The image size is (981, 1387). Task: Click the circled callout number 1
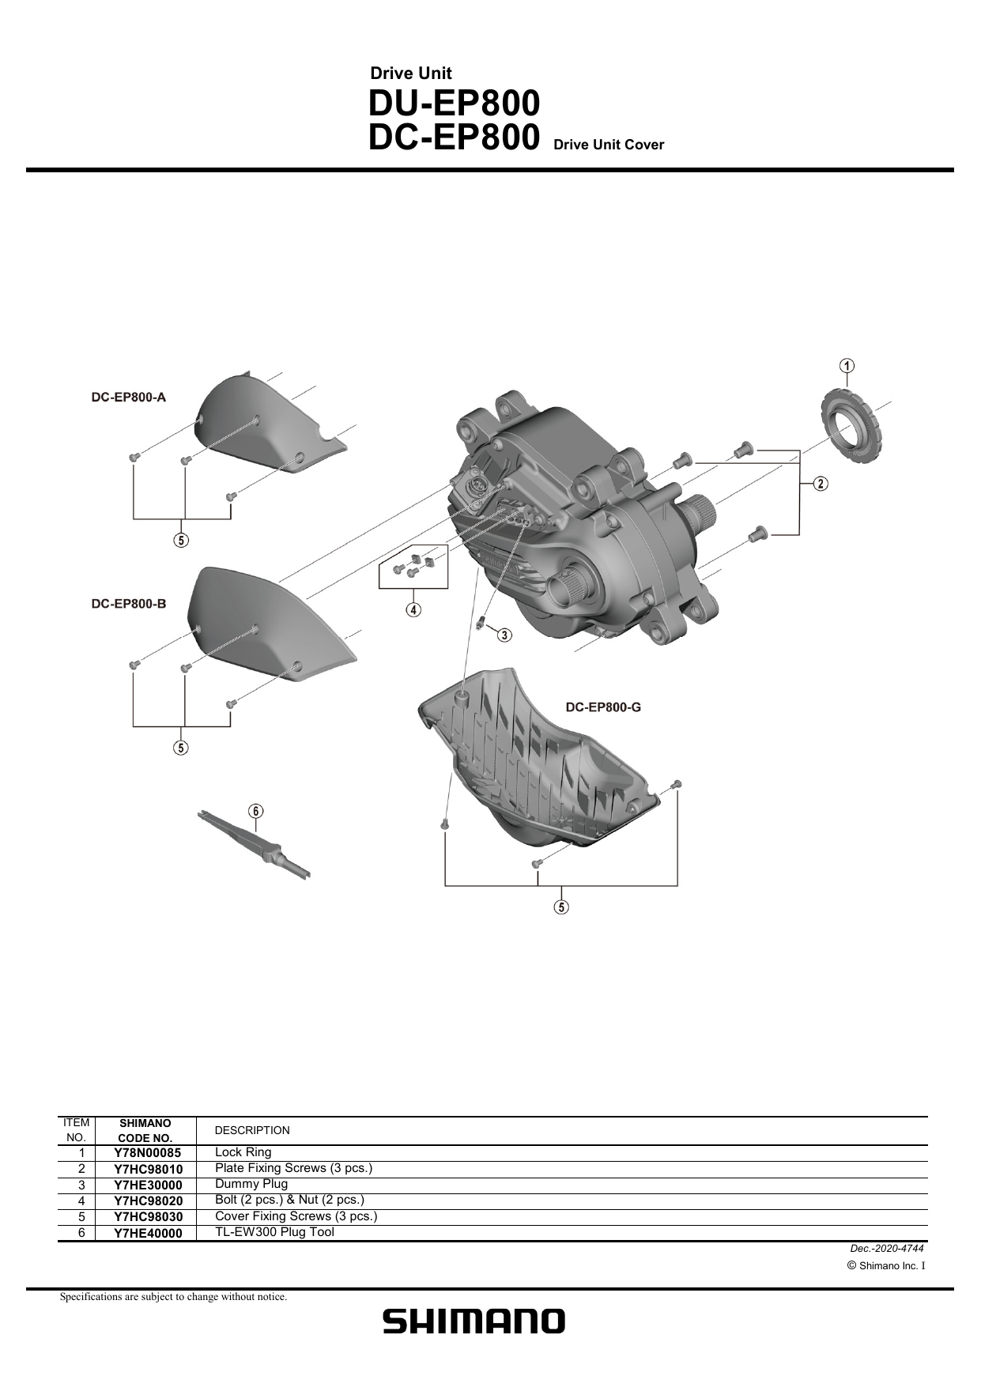(x=847, y=365)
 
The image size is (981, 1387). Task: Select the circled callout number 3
(x=504, y=634)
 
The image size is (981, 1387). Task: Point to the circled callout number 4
(x=413, y=609)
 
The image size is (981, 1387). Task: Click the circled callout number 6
(x=255, y=811)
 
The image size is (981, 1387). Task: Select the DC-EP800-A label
(x=128, y=398)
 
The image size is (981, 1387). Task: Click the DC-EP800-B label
(x=128, y=604)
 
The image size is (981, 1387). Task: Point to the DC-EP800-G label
(x=603, y=707)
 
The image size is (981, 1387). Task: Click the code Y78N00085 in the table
(x=148, y=1153)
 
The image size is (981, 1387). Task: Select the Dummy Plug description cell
(x=251, y=1184)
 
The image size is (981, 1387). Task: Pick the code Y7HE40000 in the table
(x=148, y=1233)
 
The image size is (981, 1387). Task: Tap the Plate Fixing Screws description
(x=293, y=1168)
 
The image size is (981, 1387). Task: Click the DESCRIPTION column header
(x=252, y=1130)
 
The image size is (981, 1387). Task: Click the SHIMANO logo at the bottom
(x=474, y=1321)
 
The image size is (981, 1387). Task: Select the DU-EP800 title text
(x=454, y=104)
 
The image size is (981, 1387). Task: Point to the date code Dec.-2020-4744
(x=886, y=1249)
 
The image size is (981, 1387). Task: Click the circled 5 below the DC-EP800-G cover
(x=561, y=906)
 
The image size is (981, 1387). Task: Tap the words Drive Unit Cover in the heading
(x=609, y=145)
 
